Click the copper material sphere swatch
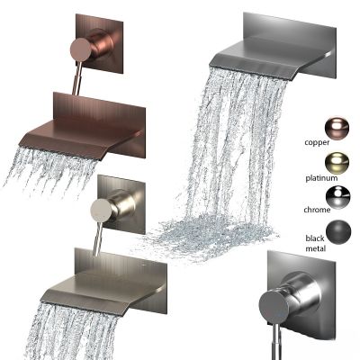coord(337,128)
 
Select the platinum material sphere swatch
coord(337,163)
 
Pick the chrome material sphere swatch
coord(337,197)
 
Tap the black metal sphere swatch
coord(338,232)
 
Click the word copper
coord(317,142)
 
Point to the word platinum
coord(321,178)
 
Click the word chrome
coord(317,210)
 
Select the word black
coord(315,238)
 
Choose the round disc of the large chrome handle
coord(274,307)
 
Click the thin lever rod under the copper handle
coord(78,78)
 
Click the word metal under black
coord(316,248)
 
